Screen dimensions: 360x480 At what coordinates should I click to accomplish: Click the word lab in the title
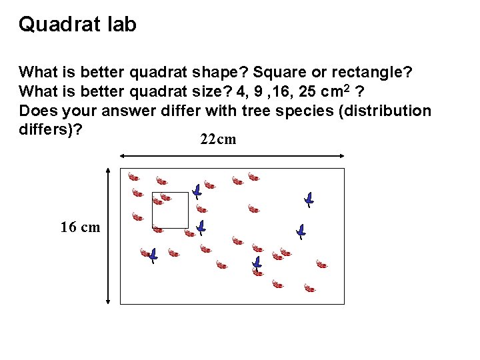click(x=121, y=25)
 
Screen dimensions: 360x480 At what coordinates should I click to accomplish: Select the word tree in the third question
click(x=247, y=111)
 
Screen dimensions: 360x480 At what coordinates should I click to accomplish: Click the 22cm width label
click(x=217, y=140)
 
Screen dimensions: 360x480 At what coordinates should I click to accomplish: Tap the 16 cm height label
click(x=80, y=227)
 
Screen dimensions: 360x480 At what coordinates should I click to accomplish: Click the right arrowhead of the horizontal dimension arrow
click(x=341, y=156)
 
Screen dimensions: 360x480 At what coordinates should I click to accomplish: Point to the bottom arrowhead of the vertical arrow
click(x=109, y=301)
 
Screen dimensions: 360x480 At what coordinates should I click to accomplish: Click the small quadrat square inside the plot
click(x=170, y=211)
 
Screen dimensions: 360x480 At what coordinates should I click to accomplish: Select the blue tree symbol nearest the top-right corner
click(x=309, y=199)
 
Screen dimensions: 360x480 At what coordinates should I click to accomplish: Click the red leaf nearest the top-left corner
click(x=133, y=177)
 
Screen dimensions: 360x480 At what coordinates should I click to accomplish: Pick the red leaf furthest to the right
click(x=322, y=264)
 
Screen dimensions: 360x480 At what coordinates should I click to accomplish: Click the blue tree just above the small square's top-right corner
click(x=197, y=191)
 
